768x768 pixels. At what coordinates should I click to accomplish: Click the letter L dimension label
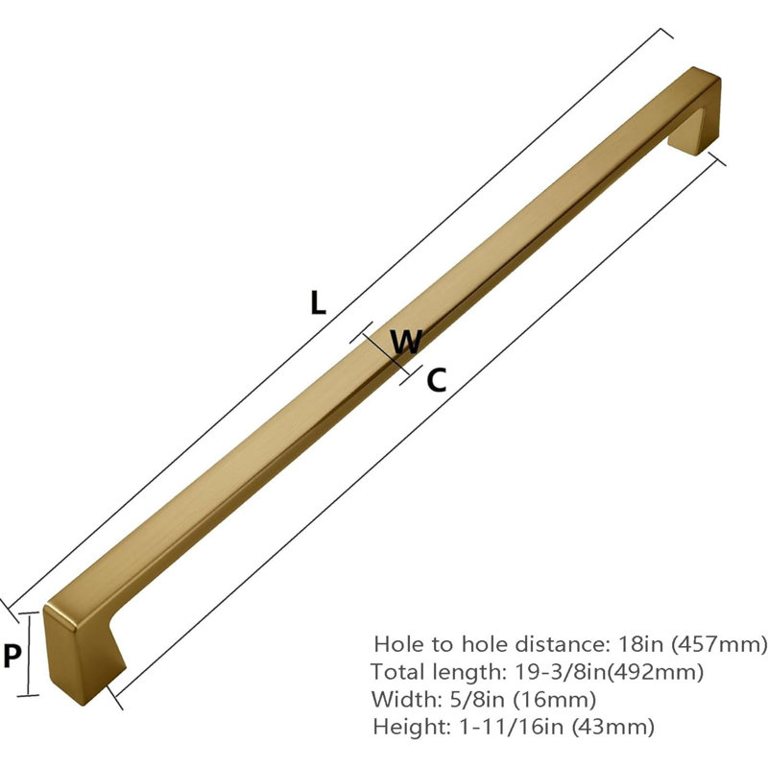318,302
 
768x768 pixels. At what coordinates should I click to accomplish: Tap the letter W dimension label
406,342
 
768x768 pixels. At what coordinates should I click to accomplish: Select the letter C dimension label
437,380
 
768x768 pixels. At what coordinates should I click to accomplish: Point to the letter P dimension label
12,656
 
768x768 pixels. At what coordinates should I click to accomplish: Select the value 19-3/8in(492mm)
609,671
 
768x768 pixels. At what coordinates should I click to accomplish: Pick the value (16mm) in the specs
555,700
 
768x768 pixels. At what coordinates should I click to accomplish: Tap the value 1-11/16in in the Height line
511,727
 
